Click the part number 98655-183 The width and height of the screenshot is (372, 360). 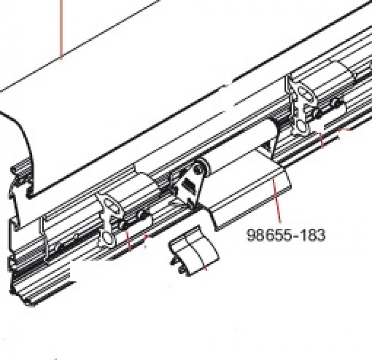pos(286,235)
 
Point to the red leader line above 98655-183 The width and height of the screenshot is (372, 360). pos(277,204)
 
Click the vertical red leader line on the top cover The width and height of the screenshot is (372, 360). pos(61,28)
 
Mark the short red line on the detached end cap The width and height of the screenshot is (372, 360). pos(204,267)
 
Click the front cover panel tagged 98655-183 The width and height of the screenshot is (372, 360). pos(248,189)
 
